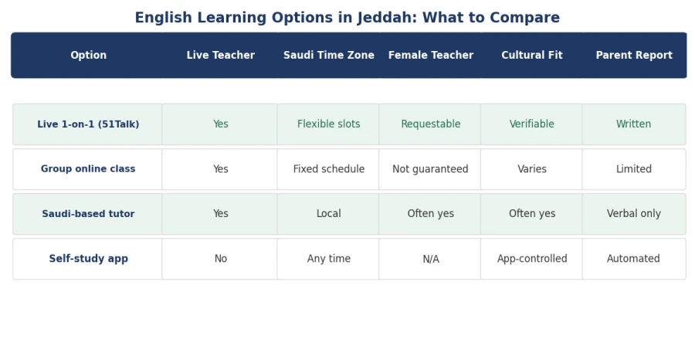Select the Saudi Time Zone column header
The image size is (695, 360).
(329, 55)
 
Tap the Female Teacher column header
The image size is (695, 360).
(431, 55)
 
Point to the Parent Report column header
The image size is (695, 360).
(634, 55)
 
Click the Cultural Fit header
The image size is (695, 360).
(532, 55)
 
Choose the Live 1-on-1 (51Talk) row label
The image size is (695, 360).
(88, 124)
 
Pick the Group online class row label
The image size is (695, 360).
(88, 169)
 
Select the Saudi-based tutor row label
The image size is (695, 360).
(88, 214)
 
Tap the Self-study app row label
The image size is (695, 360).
(88, 259)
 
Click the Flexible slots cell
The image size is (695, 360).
(329, 124)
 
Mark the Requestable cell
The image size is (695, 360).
(431, 124)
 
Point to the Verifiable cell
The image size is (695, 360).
(532, 124)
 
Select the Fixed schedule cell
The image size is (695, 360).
(329, 169)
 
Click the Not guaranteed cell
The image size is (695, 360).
(430, 169)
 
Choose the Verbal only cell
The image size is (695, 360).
(634, 214)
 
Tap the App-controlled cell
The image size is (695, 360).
(532, 259)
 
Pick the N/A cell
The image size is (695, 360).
(431, 259)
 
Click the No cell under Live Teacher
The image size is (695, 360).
(221, 259)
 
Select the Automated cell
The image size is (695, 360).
(633, 259)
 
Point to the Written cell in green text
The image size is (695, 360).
(634, 124)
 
